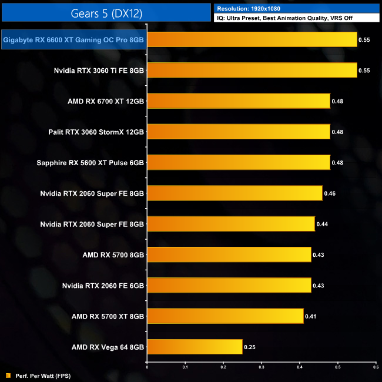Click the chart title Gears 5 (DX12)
click(x=105, y=12)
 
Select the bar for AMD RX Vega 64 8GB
click(x=195, y=347)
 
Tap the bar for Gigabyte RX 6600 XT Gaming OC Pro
click(x=252, y=39)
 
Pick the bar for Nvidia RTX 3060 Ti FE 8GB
click(x=252, y=71)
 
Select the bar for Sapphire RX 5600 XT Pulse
click(x=238, y=162)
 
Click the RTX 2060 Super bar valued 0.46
click(x=234, y=193)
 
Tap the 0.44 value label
click(x=322, y=224)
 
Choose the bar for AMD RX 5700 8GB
click(x=229, y=254)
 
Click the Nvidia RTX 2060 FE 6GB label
click(x=103, y=286)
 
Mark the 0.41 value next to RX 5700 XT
click(x=310, y=316)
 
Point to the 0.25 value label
click(x=249, y=347)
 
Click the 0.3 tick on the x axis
click(x=262, y=367)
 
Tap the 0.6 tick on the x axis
click(x=376, y=367)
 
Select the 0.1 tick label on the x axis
click(x=185, y=367)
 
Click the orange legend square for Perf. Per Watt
click(x=7, y=375)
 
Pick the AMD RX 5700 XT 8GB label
click(x=108, y=316)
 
